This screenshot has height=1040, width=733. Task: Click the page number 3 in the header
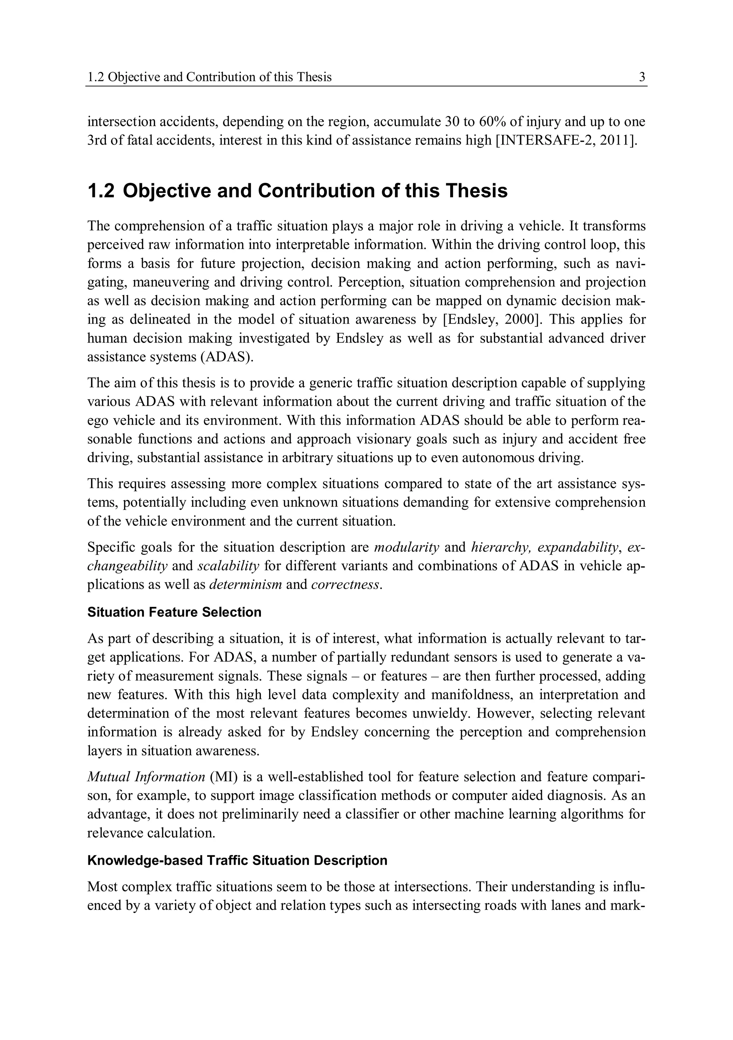tap(642, 77)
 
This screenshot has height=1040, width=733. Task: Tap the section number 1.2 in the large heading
tap(101, 191)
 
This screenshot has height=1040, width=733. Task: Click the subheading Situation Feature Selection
tap(174, 612)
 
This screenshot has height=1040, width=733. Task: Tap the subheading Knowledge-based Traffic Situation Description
tap(237, 861)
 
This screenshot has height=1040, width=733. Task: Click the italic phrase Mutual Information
tap(146, 777)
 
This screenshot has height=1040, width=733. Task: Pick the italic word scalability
tap(228, 566)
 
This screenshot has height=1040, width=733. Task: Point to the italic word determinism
tap(246, 585)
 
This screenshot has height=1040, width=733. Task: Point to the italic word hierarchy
tap(501, 548)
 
